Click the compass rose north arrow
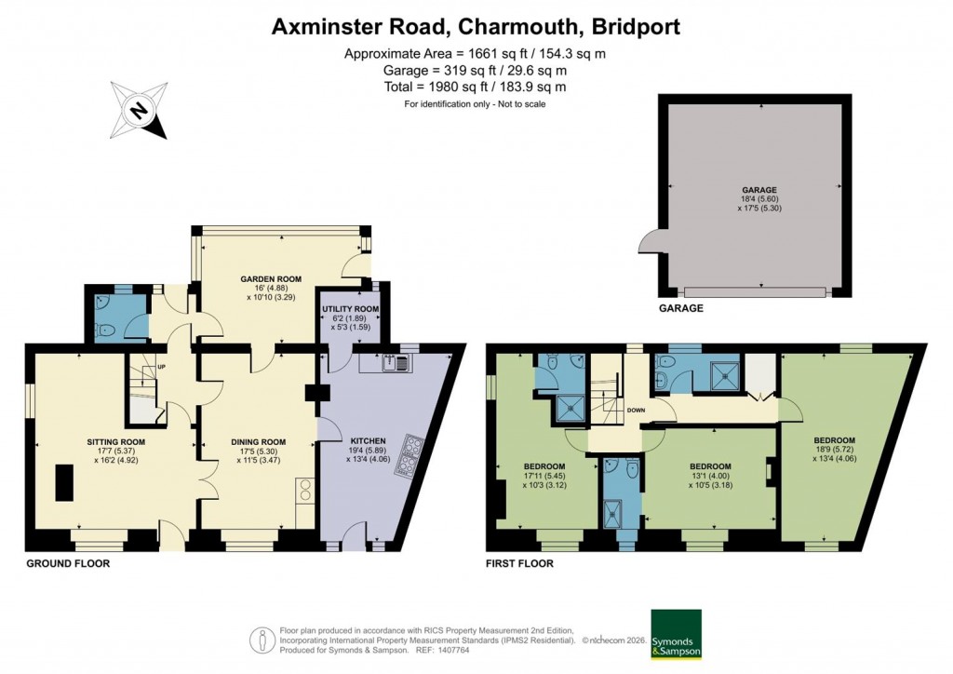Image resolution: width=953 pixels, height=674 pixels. tap(139, 111)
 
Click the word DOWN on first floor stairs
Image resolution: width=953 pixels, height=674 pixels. tap(637, 410)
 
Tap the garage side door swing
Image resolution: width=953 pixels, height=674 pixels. tap(649, 243)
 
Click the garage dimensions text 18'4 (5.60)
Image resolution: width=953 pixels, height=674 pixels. tap(759, 199)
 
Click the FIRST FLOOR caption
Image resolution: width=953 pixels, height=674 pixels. tap(520, 564)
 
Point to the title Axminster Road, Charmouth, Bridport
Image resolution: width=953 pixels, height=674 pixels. tap(476, 27)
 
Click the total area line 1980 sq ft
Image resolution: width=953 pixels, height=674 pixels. tap(476, 87)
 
